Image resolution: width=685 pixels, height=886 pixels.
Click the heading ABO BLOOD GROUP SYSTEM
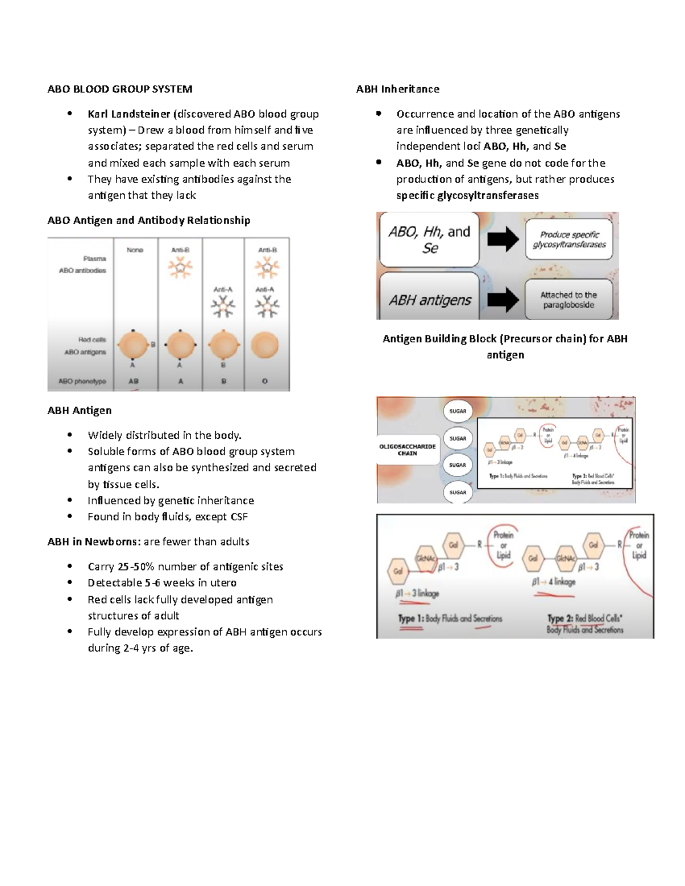coord(120,89)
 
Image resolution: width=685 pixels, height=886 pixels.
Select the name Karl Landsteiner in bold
coord(128,114)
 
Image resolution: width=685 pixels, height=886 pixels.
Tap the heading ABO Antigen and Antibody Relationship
coord(148,220)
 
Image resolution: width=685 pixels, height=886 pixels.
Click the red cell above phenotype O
coord(264,346)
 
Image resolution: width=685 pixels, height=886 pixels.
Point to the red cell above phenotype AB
coord(132,346)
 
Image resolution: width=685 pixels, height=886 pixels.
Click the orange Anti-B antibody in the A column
coord(180,268)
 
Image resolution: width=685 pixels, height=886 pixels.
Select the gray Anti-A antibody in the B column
coord(223,307)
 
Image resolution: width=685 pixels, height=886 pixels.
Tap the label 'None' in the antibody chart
coord(135,250)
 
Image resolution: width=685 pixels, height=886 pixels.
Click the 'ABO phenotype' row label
coord(82,381)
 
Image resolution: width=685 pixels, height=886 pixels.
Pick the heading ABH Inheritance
coord(397,89)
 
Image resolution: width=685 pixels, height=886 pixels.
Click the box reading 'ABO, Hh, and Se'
coord(429,240)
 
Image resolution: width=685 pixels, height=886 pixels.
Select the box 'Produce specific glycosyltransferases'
coord(569,240)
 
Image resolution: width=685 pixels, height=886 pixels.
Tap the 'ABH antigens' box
coord(429,300)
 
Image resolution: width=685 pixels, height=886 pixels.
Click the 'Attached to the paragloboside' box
coord(569,300)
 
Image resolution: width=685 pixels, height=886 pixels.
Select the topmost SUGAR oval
coord(458,411)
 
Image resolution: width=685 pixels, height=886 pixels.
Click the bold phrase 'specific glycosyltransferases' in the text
coord(468,196)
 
